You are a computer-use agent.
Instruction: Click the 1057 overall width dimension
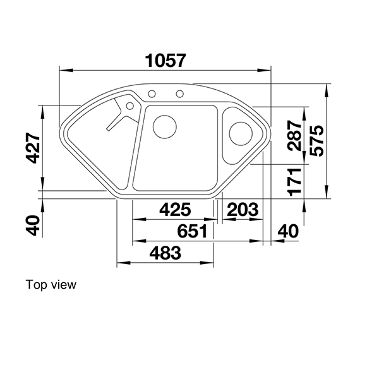pos(165,60)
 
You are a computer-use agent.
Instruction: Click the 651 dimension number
pos(192,232)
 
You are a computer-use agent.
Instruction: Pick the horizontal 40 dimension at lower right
pos(287,232)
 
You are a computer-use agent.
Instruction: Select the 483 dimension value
pos(165,253)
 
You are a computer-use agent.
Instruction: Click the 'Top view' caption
pos(51,285)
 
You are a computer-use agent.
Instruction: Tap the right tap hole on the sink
pos(180,95)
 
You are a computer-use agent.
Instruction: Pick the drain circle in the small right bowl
pos(241,133)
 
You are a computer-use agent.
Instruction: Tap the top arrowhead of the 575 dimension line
pos(327,88)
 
